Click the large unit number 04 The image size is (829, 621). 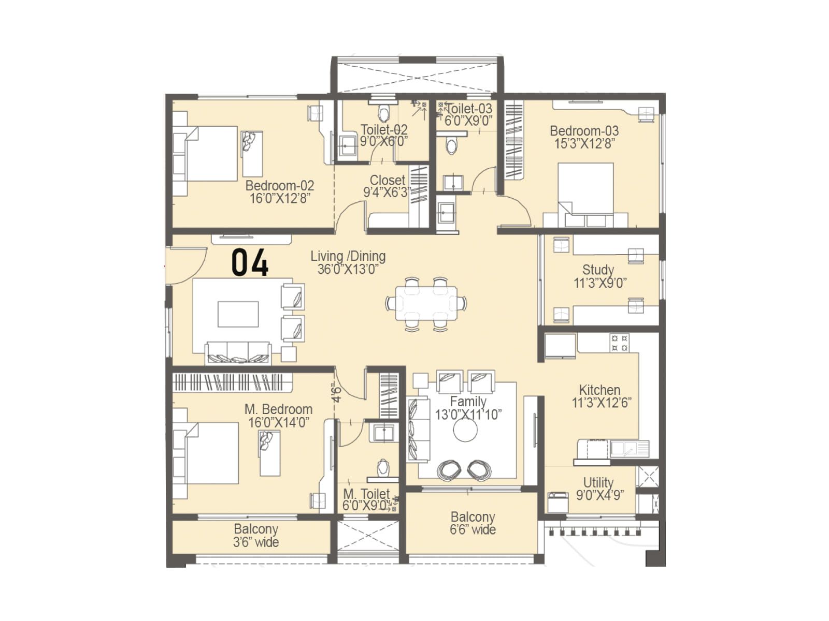tap(250, 262)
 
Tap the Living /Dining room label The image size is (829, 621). tap(348, 256)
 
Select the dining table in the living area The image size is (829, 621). tap(426, 304)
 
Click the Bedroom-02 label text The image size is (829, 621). tap(279, 185)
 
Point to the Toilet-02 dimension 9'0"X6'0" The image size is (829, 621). tap(384, 141)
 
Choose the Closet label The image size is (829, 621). tap(387, 180)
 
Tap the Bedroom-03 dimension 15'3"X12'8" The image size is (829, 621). tap(584, 144)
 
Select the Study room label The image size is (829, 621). tap(598, 270)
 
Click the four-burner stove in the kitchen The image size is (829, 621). tap(619, 343)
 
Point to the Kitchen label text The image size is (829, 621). tap(599, 390)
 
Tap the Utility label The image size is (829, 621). tap(598, 482)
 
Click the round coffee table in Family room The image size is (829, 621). tap(465, 430)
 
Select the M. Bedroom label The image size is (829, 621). tap(278, 409)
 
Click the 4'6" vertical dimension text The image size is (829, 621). tap(337, 393)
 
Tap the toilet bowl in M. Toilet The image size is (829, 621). tap(383, 467)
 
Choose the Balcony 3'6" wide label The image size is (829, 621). tap(256, 536)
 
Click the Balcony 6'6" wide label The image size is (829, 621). tap(473, 523)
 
